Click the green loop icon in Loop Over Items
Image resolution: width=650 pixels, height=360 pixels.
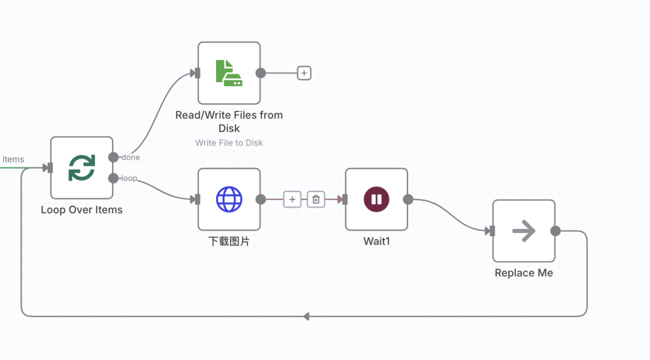pos(82,167)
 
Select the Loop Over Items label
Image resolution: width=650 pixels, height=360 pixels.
pos(82,210)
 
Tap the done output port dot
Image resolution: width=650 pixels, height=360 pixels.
pos(113,157)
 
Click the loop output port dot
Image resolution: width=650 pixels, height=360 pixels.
pos(113,178)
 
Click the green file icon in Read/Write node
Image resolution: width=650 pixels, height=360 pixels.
pos(229,73)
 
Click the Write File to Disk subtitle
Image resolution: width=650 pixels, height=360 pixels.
pos(229,143)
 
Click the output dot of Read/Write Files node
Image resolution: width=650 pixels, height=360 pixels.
pos(261,73)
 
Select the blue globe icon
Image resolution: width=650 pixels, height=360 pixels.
pos(229,199)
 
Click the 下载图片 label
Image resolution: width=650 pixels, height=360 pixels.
pos(229,241)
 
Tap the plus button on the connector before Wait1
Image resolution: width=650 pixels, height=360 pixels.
pos(292,199)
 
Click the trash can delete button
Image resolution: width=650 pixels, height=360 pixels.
pos(316,199)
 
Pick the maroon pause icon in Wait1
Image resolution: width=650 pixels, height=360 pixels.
pos(376,199)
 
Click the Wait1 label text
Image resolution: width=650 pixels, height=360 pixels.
pos(376,241)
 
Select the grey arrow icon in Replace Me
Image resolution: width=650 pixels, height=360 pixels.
pos(524,231)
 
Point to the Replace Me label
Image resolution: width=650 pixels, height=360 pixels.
pos(524,273)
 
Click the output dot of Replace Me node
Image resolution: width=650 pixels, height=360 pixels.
pos(556,231)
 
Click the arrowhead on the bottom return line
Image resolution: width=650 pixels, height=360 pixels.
pos(306,316)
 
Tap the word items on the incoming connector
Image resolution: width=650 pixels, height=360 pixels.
pos(13,160)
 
